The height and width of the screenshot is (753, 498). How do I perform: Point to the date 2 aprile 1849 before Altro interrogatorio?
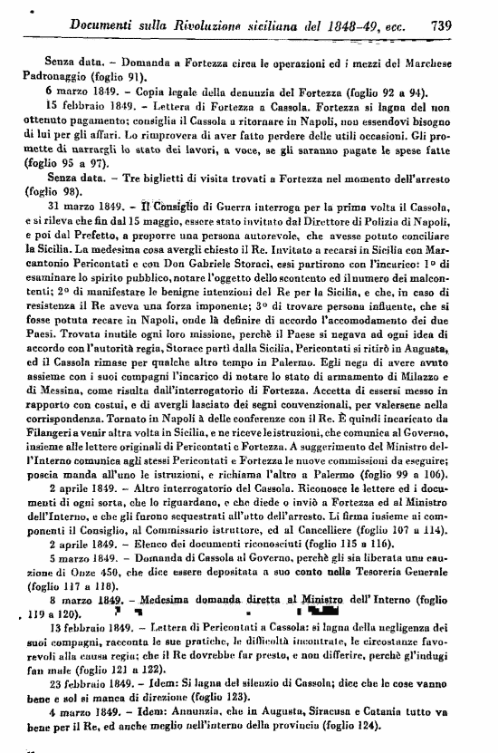(x=64, y=538)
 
